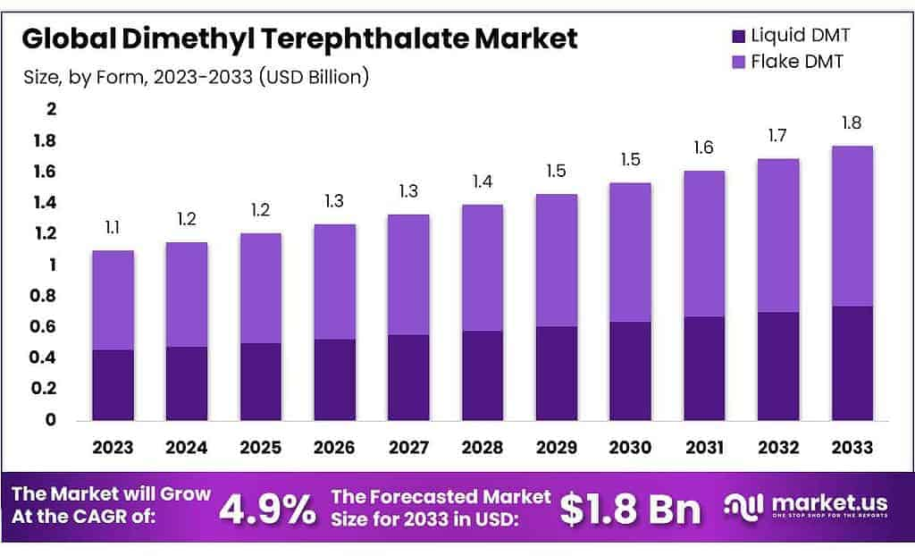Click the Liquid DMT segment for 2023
pyautogui.click(x=113, y=384)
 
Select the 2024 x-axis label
pyautogui.click(x=186, y=447)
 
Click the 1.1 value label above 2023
pyautogui.click(x=113, y=228)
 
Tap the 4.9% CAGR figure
pyautogui.click(x=267, y=509)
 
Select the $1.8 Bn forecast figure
pyautogui.click(x=630, y=509)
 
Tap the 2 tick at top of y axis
pyautogui.click(x=52, y=109)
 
